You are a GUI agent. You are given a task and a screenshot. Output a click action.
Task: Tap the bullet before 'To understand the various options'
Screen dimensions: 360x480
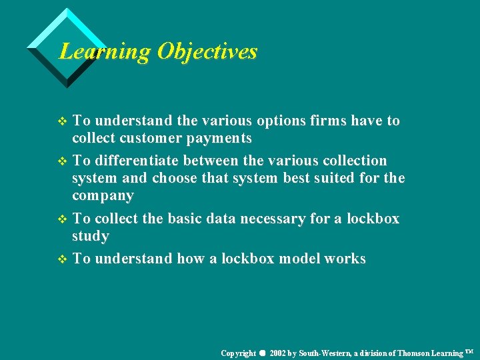click(x=63, y=121)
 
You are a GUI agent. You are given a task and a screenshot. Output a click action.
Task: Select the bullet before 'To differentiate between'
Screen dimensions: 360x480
click(x=63, y=161)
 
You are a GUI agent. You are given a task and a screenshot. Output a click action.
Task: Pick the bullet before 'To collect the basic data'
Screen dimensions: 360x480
click(x=63, y=219)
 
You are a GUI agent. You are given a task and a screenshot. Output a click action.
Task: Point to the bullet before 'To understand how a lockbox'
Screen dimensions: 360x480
click(x=63, y=259)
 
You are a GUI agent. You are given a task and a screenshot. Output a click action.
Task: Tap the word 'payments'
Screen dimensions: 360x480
click(x=219, y=139)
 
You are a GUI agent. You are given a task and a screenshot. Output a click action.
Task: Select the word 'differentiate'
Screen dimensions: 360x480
click(x=137, y=161)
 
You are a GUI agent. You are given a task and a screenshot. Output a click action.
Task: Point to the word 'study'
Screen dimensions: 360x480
click(x=91, y=237)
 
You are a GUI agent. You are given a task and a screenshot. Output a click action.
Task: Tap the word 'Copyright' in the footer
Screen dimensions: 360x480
click(x=238, y=353)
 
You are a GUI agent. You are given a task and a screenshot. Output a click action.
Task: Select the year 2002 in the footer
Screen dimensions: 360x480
click(x=279, y=353)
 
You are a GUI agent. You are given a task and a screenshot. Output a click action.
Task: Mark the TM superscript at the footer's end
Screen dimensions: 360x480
click(x=469, y=351)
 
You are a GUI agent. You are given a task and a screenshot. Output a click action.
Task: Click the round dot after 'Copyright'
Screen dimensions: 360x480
click(x=263, y=353)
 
